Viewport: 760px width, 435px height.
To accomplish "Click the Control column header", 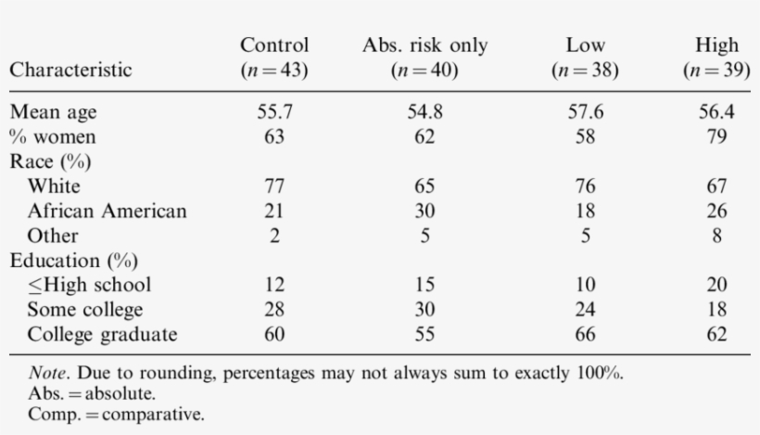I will point(273,45).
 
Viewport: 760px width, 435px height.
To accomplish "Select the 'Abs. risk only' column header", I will point(424,45).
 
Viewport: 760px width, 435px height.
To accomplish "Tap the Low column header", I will point(584,45).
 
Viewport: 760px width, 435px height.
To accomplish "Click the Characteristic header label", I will point(70,70).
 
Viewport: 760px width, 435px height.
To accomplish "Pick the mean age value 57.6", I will point(584,112).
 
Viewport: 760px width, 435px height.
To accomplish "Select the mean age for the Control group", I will point(273,112).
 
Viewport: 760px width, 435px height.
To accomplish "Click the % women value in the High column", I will point(716,137).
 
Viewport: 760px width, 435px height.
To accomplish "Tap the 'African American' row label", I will point(107,211).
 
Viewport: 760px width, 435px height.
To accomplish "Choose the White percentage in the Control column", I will point(273,186).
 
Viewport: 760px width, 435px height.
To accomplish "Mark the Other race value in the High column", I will point(716,236).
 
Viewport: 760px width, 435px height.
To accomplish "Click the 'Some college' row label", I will point(84,309).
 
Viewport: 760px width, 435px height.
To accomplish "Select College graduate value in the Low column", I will point(584,334).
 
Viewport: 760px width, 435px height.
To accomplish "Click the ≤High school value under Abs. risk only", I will point(424,285).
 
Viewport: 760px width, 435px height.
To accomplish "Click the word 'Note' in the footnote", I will point(46,374).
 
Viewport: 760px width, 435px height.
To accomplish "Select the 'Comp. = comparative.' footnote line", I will point(115,414).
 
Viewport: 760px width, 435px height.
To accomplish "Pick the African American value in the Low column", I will point(584,211).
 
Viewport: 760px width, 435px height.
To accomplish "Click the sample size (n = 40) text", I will point(424,70).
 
